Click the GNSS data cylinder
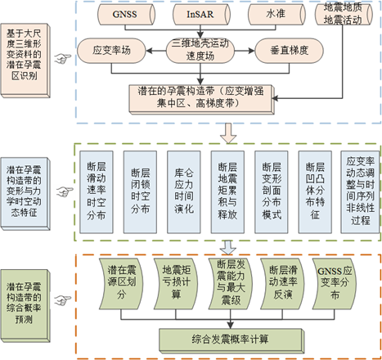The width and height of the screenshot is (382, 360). [126, 14]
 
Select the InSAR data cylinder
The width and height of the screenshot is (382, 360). [201, 14]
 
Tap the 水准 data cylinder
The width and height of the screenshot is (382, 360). [276, 14]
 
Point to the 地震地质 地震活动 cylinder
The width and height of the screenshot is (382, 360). [344, 14]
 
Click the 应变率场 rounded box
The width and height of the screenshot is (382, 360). [111, 51]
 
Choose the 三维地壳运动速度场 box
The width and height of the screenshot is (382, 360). [200, 51]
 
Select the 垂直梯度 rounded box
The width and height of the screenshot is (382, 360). [290, 51]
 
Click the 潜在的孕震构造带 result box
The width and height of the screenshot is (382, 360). [201, 99]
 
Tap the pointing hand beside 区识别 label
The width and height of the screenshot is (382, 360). [63, 58]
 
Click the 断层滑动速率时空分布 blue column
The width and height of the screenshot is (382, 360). [97, 192]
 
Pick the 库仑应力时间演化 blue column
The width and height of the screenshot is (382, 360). [184, 192]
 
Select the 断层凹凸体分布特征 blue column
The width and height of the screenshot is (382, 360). [315, 192]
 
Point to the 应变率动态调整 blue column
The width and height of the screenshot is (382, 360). [360, 192]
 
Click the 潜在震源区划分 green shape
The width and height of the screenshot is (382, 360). [121, 284]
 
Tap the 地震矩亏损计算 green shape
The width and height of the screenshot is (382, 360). [176, 284]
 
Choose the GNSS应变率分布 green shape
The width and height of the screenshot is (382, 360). [335, 284]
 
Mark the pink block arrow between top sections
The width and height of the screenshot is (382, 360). [228, 133]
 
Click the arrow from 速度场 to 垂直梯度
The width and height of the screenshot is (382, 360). [245, 51]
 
